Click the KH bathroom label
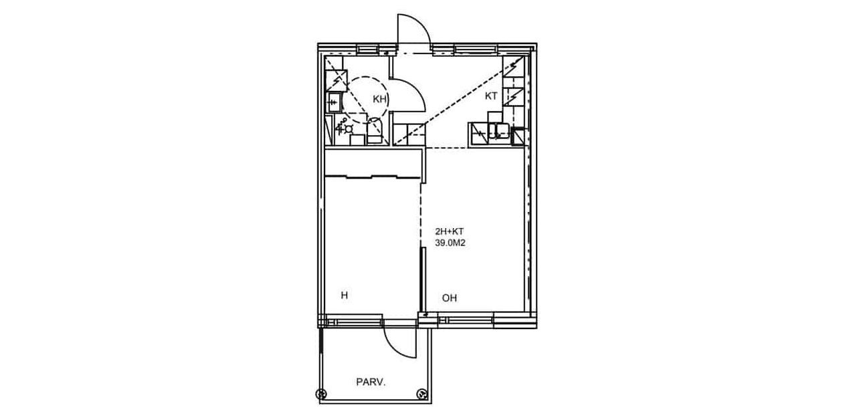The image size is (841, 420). (379, 100)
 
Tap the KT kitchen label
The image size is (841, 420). (491, 96)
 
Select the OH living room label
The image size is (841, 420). (450, 298)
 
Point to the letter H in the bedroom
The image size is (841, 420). (345, 296)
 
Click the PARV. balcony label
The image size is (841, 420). (371, 383)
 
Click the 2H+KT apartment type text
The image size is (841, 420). (449, 231)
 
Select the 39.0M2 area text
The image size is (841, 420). (450, 243)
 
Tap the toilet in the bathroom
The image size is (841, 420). (374, 130)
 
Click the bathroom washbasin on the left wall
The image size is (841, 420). (334, 102)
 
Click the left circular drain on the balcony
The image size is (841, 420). (321, 395)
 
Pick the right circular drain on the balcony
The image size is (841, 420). (422, 394)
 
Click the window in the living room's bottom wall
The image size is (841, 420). (466, 320)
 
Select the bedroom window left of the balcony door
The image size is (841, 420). (355, 322)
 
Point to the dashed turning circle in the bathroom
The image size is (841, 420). (365, 100)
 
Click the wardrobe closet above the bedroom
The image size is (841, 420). (373, 163)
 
